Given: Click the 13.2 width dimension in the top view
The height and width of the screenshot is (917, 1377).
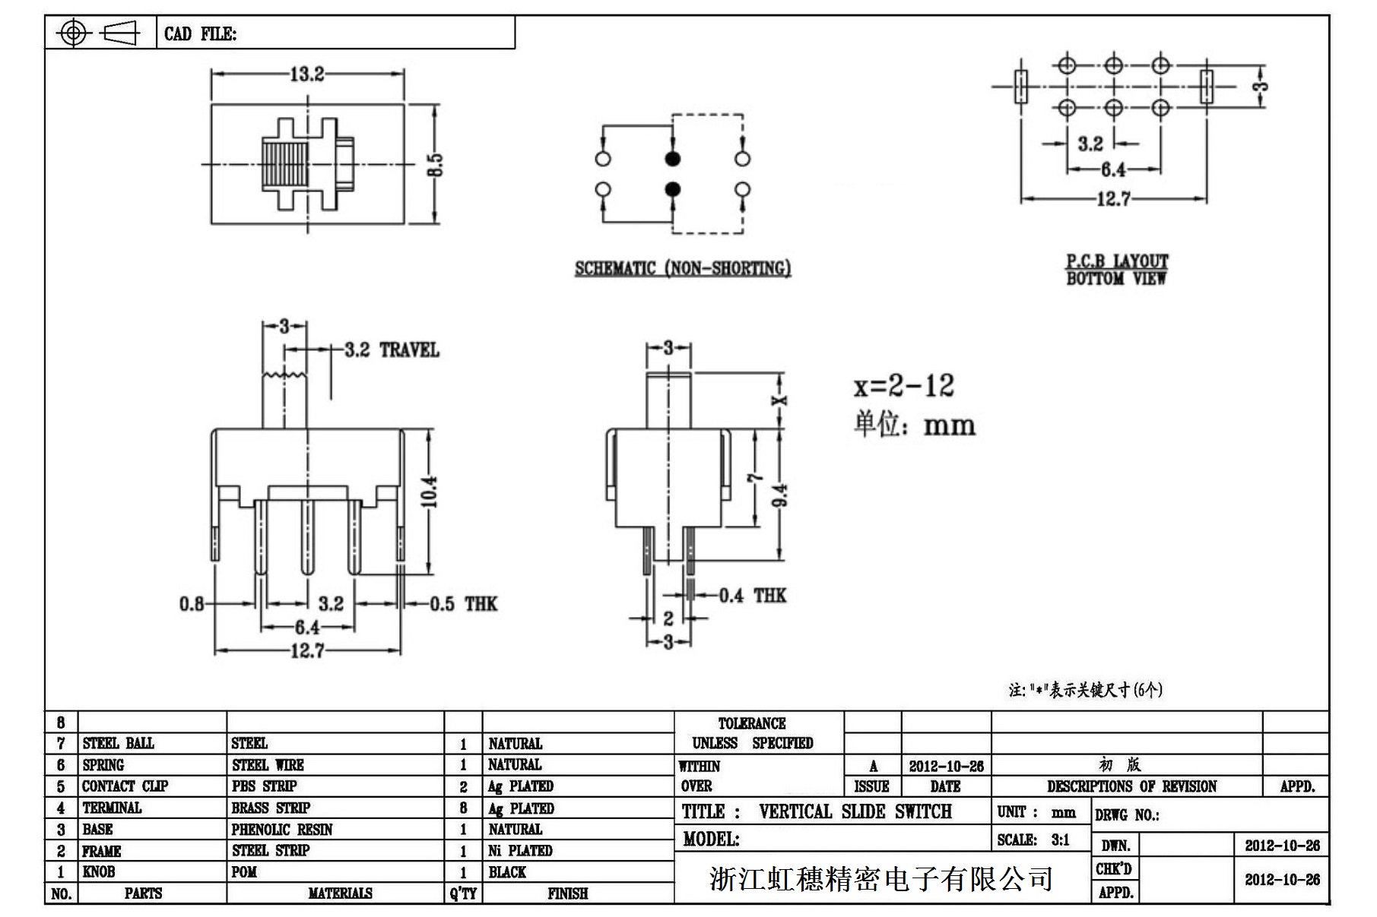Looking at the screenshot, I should coord(306,74).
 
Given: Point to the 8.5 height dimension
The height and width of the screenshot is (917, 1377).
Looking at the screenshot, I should coord(435,165).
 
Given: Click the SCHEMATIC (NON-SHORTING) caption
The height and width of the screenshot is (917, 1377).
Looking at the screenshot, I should coord(682,268).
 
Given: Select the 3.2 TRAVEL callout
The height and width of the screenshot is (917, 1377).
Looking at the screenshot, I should coord(392,350).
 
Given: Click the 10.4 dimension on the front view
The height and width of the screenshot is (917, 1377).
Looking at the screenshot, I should coord(430,492).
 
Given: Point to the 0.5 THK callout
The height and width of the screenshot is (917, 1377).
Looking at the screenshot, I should coord(463,604).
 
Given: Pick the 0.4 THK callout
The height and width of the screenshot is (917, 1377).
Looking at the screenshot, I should coord(752,595).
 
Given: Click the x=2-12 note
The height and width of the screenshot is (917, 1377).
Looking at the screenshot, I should coord(903,386).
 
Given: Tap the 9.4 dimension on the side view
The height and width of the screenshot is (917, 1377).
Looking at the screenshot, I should coord(781,495).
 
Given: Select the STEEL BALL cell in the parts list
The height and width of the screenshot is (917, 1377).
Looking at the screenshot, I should coord(118,743).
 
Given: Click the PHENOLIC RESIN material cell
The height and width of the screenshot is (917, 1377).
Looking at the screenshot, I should coord(281,829).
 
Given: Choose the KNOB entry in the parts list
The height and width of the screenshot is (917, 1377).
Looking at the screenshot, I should coord(99,871).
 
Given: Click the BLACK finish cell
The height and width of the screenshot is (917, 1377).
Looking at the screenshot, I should coord(507,871).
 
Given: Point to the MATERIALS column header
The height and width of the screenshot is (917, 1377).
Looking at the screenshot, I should coord(340,893).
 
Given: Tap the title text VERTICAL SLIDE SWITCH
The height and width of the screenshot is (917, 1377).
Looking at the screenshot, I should coord(855,811).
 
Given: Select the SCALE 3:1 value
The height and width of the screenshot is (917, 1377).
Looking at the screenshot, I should coord(1060,840).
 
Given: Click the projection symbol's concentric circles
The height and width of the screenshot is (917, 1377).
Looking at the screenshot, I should coord(73,33).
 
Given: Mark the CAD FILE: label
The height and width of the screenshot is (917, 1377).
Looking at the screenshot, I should coord(200,34).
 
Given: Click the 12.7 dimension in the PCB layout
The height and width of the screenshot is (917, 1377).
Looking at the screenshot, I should coord(1113,199).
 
